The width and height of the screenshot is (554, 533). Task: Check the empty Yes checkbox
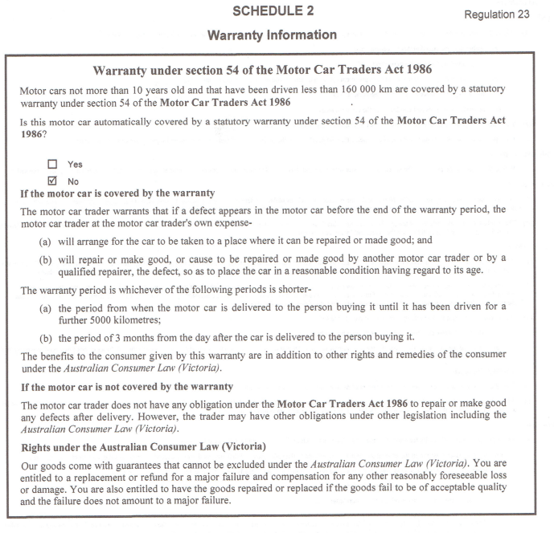coord(53,164)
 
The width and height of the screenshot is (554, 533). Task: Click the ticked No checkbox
coord(53,181)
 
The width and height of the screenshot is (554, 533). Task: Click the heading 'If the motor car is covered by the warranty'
coord(117,193)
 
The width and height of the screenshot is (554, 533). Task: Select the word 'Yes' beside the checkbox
coord(75,165)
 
